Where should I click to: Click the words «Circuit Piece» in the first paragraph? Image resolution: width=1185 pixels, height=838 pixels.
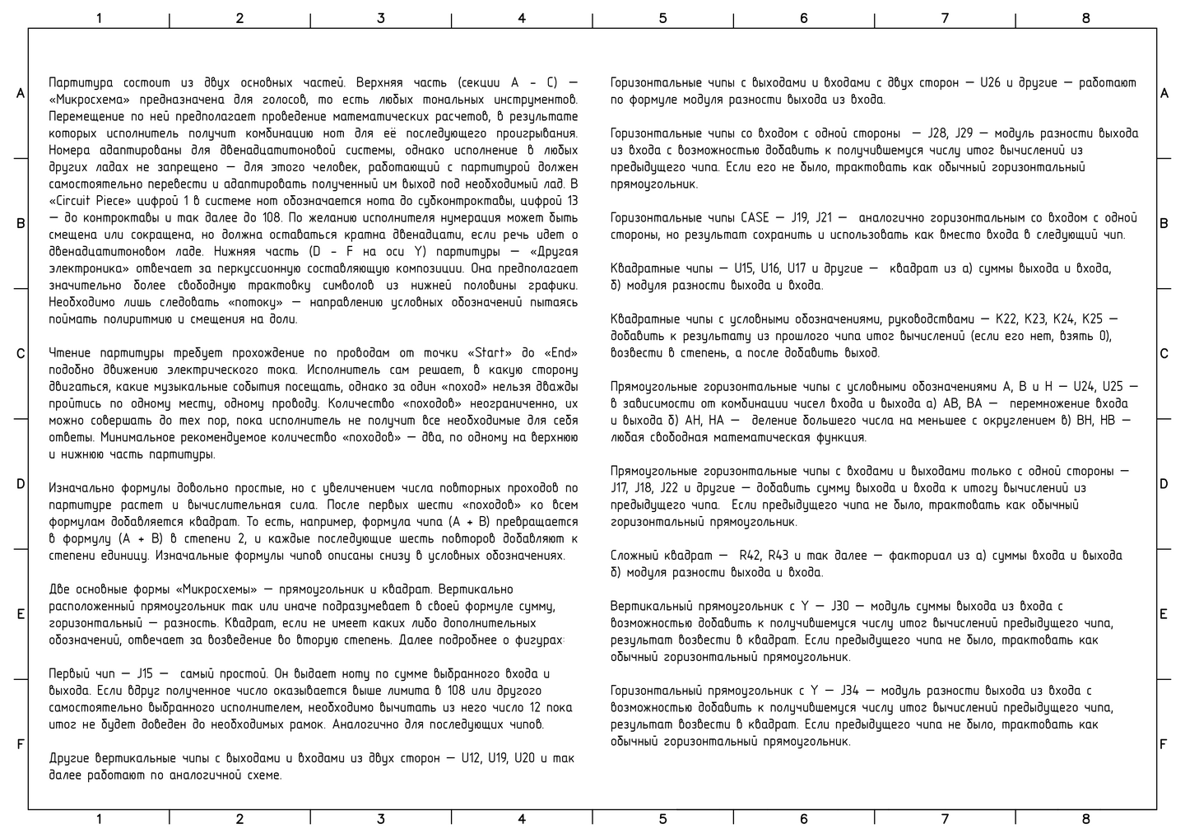[87, 201]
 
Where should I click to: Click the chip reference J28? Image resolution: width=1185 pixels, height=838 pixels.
[937, 133]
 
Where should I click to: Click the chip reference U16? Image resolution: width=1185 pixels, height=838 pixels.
[770, 268]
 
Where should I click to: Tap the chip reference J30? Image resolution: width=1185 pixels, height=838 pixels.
[845, 606]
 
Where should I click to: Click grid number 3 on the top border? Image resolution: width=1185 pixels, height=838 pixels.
[380, 17]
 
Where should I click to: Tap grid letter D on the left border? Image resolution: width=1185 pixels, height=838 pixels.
[21, 484]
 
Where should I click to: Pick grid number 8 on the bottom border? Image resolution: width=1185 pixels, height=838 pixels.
[1085, 819]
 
